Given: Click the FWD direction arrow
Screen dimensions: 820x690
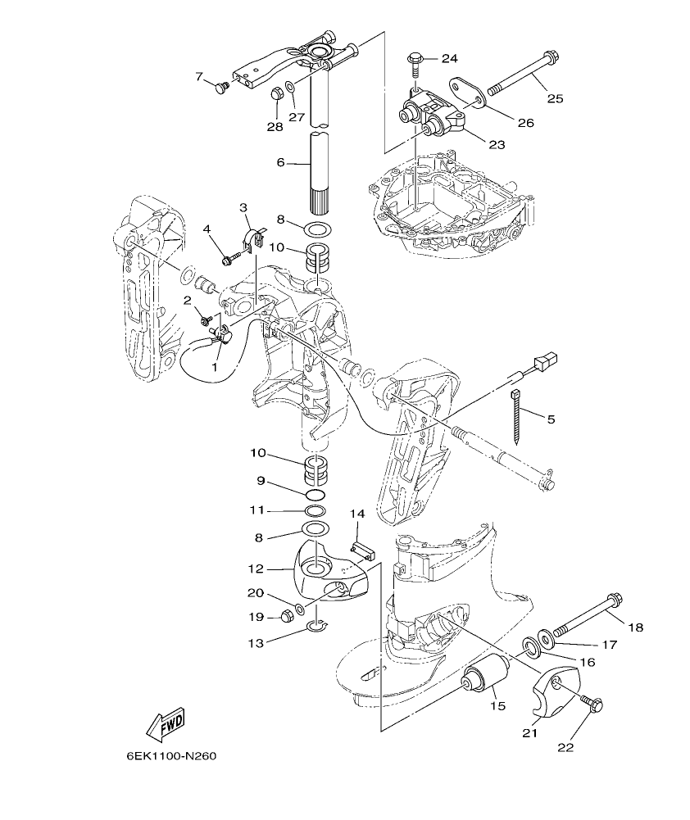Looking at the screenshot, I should point(165,723).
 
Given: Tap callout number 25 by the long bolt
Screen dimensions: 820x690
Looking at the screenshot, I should point(555,99).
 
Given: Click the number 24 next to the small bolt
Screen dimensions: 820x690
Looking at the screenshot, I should point(449,58).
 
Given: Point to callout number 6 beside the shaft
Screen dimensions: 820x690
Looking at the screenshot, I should point(280,162).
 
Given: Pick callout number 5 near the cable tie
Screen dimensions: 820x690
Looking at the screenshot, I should point(550,419).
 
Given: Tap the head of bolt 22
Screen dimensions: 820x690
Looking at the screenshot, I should point(595,703).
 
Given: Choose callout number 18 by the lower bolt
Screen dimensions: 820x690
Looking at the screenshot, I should point(635,627).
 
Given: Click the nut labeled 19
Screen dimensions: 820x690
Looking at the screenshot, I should point(288,616).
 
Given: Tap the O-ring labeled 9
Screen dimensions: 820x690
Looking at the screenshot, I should point(315,496).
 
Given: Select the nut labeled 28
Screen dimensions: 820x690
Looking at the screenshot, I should point(277,95).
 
